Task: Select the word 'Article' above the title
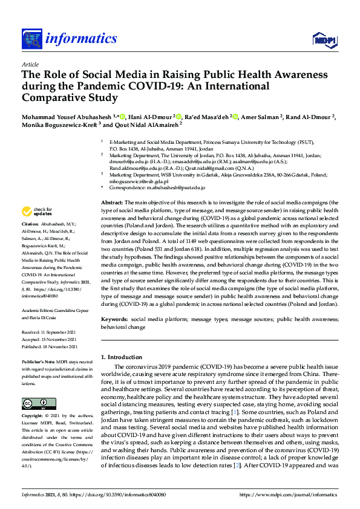click(30, 65)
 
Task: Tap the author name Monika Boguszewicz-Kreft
click(59, 125)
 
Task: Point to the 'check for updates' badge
click(37, 212)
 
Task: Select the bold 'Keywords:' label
click(116, 320)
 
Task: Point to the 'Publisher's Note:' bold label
click(39, 361)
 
